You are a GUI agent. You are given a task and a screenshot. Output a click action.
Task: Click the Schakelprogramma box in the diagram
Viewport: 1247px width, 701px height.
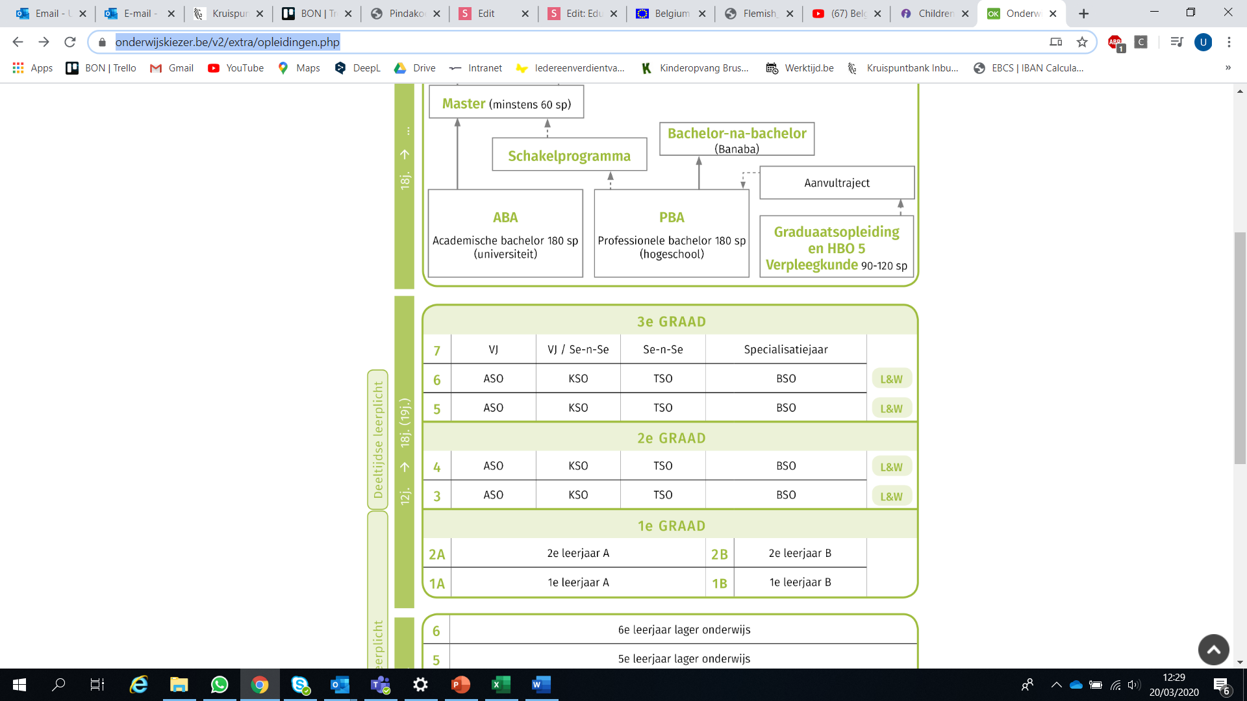(x=569, y=156)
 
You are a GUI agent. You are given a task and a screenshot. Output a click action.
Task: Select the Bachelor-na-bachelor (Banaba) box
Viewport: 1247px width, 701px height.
(x=737, y=140)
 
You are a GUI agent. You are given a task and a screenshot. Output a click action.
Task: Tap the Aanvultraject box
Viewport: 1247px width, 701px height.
(x=837, y=183)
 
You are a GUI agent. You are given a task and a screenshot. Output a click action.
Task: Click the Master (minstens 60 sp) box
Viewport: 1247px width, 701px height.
(x=506, y=104)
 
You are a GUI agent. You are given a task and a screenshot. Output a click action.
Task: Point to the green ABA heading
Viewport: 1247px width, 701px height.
(x=505, y=217)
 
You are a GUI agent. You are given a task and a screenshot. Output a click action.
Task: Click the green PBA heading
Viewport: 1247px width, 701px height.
(x=672, y=217)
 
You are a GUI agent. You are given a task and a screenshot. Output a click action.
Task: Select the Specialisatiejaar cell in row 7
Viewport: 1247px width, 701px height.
(x=786, y=350)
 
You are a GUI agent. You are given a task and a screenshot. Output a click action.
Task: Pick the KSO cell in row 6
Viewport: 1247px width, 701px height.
(x=578, y=378)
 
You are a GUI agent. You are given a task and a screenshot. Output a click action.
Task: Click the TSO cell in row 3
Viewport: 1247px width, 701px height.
(x=662, y=495)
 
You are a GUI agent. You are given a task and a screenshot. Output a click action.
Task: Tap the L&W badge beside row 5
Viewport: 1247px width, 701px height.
(x=891, y=409)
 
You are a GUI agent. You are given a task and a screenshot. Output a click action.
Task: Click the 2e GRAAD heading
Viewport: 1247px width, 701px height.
(x=671, y=438)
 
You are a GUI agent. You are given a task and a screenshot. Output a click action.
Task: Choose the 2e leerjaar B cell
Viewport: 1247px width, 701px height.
(x=800, y=554)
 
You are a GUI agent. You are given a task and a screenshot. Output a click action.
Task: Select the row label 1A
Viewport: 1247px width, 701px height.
(x=437, y=584)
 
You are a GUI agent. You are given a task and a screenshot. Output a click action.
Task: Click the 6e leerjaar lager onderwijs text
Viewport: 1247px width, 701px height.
(x=684, y=630)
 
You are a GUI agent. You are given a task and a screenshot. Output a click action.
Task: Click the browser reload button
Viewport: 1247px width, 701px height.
(x=70, y=42)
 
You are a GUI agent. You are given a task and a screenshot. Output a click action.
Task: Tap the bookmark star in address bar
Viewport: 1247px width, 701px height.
(x=1082, y=42)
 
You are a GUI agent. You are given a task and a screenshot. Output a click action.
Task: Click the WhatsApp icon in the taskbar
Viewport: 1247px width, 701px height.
(x=220, y=685)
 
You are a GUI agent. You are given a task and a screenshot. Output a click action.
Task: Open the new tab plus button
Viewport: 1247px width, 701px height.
(x=1083, y=14)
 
